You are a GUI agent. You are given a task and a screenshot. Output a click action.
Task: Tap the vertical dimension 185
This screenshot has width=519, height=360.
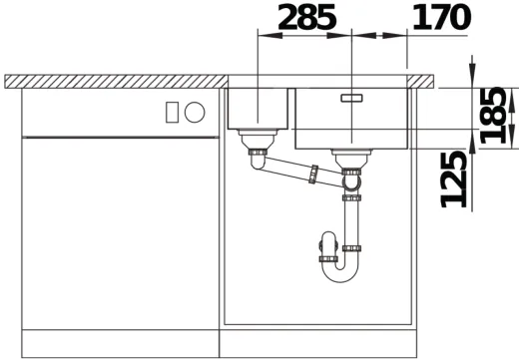point(492,115)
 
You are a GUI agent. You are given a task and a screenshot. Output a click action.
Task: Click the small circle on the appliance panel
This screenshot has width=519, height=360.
point(196,110)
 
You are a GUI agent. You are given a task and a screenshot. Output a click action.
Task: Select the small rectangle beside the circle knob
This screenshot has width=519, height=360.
point(174,110)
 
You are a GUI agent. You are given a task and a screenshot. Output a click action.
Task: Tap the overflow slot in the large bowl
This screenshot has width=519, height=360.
point(352,98)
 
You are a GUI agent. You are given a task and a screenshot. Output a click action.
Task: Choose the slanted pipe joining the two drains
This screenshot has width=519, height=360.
point(289,170)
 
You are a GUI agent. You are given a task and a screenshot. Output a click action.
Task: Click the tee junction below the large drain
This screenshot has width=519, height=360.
point(350,181)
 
